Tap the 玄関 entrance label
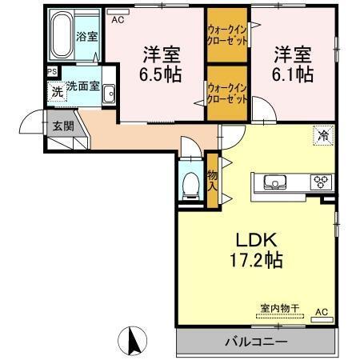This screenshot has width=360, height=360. click(63, 126)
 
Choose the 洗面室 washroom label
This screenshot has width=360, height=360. click(82, 86)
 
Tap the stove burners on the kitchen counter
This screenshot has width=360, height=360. click(322, 180)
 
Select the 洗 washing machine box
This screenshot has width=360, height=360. click(57, 91)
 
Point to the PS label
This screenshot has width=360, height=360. click(52, 71)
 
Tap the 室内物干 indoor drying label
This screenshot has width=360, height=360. click(278, 308)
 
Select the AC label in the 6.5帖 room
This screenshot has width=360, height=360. click(118, 20)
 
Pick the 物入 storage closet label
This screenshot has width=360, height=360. click(213, 180)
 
